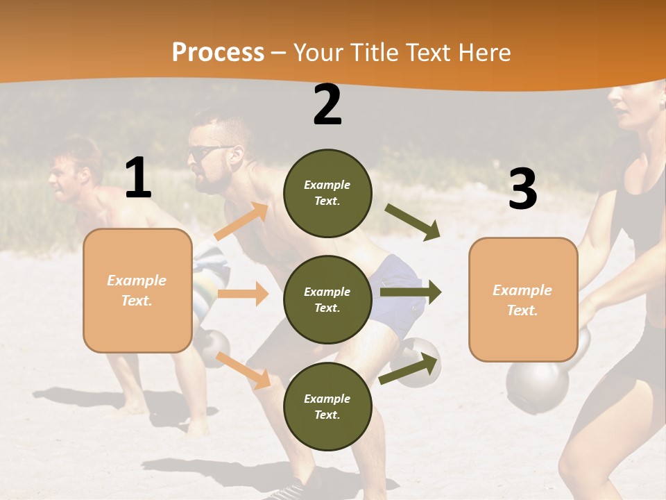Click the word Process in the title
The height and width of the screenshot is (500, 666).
[218, 53]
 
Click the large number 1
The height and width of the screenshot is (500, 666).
[138, 178]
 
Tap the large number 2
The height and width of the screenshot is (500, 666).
[327, 105]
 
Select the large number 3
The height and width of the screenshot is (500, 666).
[522, 189]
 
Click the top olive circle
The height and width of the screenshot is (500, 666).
[327, 192]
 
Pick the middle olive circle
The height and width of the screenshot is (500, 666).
[327, 299]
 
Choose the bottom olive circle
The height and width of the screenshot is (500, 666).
[327, 406]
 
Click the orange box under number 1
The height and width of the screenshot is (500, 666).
[137, 290]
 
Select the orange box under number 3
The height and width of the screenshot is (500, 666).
[523, 300]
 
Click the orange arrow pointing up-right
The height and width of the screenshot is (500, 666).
[241, 221]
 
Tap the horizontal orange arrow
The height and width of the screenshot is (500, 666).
[243, 294]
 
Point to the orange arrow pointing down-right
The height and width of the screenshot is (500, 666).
[244, 369]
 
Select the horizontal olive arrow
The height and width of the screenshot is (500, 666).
[411, 292]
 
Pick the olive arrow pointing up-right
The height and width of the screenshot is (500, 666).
[410, 369]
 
